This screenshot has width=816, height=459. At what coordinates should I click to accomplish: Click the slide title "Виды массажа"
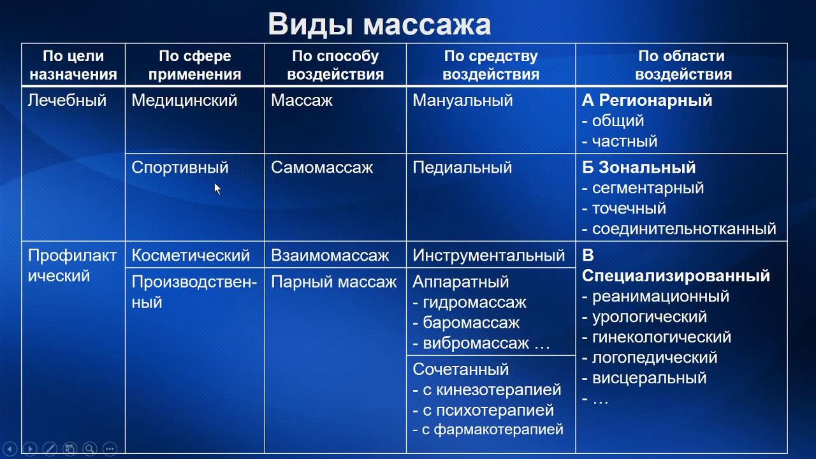pyautogui.click(x=379, y=24)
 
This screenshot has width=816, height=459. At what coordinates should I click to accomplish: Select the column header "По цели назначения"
pyautogui.click(x=73, y=65)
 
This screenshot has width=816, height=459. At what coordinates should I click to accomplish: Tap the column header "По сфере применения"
pyautogui.click(x=194, y=65)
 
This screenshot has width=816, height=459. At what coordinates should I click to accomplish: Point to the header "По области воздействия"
pyautogui.click(x=681, y=65)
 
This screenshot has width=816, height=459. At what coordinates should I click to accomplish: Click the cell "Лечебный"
pyautogui.click(x=67, y=101)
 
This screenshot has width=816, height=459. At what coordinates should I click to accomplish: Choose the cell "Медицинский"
pyautogui.click(x=184, y=101)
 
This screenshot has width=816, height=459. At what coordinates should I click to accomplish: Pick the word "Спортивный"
pyautogui.click(x=180, y=168)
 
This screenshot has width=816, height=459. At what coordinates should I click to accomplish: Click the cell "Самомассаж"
pyautogui.click(x=322, y=168)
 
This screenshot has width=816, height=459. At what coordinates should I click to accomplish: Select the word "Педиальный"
pyautogui.click(x=462, y=168)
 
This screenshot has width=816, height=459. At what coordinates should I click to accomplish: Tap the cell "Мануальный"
pyautogui.click(x=463, y=101)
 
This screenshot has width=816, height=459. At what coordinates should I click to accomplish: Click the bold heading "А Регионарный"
pyautogui.click(x=647, y=101)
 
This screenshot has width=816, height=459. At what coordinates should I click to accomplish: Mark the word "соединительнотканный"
pyautogui.click(x=684, y=229)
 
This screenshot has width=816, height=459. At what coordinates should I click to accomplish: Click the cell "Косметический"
pyautogui.click(x=191, y=256)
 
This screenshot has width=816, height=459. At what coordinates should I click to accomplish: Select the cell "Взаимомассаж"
pyautogui.click(x=330, y=256)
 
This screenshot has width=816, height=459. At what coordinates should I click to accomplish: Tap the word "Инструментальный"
pyautogui.click(x=489, y=256)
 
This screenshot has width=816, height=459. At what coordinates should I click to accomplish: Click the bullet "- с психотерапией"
pyautogui.click(x=483, y=410)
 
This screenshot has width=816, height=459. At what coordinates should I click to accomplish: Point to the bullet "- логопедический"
pyautogui.click(x=650, y=358)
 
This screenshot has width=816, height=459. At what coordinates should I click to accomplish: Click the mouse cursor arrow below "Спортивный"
pyautogui.click(x=217, y=189)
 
